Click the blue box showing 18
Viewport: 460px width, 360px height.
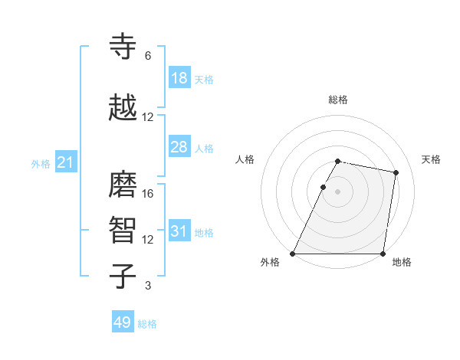179,78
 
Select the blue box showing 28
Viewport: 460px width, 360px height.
179,147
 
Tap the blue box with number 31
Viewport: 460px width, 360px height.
179,231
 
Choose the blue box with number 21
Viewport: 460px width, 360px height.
65,162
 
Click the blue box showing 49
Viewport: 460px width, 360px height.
123,322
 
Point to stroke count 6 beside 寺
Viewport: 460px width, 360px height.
148,56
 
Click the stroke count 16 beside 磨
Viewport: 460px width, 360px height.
148,194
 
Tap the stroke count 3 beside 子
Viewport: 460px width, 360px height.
148,286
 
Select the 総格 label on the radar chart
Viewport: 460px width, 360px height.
338,100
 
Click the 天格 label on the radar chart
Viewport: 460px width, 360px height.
432,159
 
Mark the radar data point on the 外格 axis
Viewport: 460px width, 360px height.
293,254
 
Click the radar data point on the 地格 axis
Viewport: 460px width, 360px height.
383,254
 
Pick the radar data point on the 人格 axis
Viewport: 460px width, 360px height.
324,187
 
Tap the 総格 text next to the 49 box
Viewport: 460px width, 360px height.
147,324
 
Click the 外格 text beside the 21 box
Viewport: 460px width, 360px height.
41,163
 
